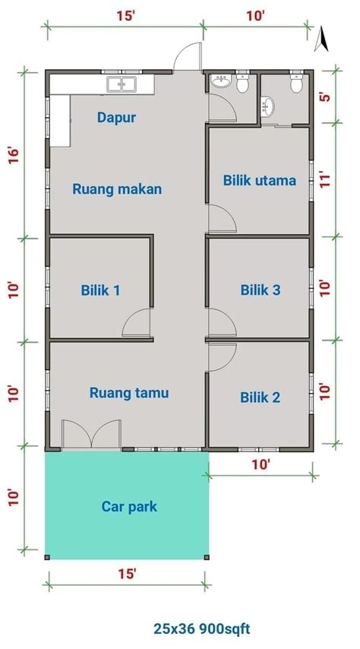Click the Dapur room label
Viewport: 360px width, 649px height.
tap(116, 117)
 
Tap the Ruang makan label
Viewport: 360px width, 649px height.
tap(117, 189)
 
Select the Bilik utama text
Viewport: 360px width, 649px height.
tap(259, 180)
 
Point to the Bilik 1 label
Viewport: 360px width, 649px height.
tap(100, 290)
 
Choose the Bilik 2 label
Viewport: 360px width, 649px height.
tap(261, 397)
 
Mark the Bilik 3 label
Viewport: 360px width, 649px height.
tap(261, 290)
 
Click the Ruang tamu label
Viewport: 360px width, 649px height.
tap(129, 393)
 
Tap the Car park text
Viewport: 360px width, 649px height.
tap(129, 506)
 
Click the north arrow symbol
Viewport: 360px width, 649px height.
tap(321, 38)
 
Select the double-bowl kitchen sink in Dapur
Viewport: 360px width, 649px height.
tap(122, 84)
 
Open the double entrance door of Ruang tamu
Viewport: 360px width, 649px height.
tap(91, 435)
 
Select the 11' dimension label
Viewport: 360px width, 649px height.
tap(324, 181)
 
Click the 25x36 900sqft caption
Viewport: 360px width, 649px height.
tap(201, 628)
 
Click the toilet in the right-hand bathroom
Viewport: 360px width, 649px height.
tap(296, 84)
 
